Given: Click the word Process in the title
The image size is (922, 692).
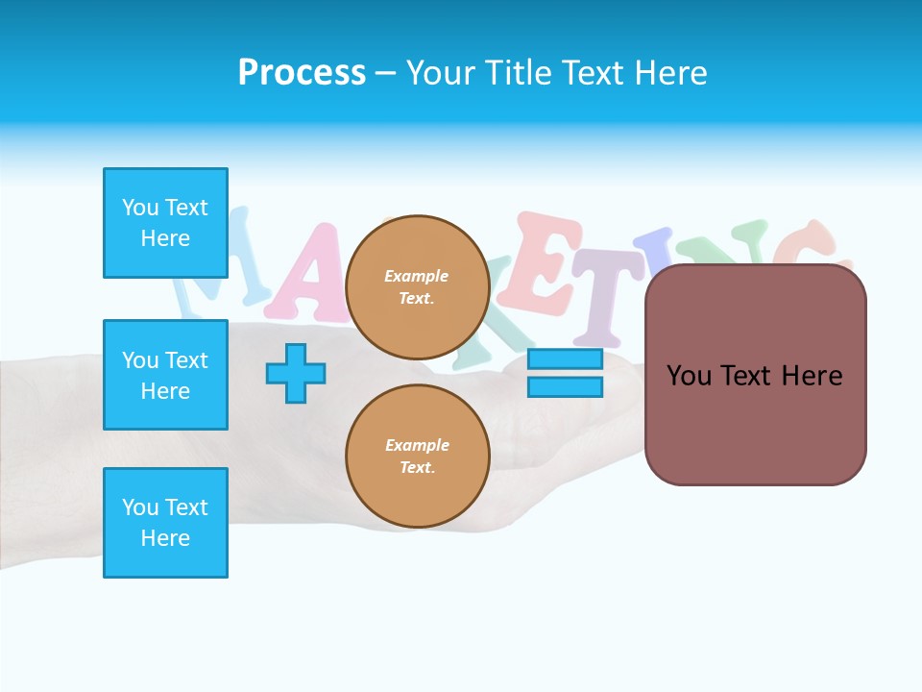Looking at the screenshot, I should (302, 73).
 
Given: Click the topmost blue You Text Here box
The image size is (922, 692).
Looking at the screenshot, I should (165, 223).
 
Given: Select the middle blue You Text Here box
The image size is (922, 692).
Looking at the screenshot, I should (165, 375).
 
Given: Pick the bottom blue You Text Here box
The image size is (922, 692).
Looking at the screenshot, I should (165, 523).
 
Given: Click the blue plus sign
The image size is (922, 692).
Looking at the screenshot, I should (296, 373).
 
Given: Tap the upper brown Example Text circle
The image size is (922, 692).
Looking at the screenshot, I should (417, 287).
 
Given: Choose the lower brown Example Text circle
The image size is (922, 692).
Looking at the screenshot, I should (417, 457).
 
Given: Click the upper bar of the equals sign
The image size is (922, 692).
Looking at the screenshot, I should (565, 359).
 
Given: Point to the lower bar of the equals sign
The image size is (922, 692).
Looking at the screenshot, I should (565, 387).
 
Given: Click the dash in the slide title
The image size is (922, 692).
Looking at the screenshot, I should (385, 73).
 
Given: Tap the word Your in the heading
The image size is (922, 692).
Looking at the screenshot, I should (440, 73).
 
